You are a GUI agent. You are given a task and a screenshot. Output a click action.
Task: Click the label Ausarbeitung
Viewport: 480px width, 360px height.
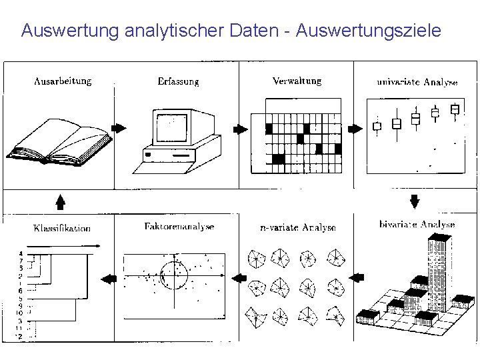(63, 81)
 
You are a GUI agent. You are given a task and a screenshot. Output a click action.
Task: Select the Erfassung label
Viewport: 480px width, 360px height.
(178, 81)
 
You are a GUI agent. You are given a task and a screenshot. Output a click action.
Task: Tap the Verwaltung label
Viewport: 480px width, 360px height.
(297, 81)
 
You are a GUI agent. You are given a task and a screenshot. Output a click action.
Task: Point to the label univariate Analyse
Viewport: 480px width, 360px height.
(417, 83)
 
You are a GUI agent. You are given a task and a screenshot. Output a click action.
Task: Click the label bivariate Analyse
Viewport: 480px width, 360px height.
(416, 225)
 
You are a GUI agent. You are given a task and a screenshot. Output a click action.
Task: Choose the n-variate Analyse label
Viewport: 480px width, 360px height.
(297, 227)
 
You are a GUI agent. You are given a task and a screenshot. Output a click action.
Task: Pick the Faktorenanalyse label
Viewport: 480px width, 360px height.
(179, 227)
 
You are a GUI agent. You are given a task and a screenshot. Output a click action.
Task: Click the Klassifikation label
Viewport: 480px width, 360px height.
(62, 228)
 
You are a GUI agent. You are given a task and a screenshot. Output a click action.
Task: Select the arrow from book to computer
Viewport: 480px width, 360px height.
(119, 128)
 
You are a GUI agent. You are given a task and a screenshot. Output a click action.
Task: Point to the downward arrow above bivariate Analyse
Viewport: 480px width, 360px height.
(414, 200)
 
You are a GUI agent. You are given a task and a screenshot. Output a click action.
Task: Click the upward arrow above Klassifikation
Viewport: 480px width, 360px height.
(60, 201)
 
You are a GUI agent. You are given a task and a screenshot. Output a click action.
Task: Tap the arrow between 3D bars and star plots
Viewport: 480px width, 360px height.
(357, 276)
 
